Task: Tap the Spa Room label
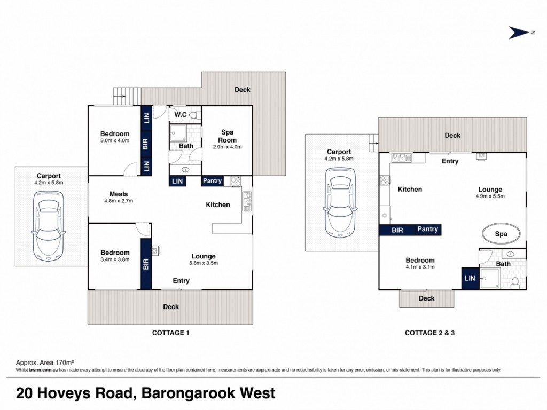[227, 136]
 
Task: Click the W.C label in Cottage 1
[181, 115]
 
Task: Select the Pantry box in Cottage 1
[213, 180]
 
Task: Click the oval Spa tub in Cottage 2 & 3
[501, 234]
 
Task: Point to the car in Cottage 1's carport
[49, 226]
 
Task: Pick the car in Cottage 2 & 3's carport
[340, 202]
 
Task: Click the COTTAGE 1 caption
[170, 333]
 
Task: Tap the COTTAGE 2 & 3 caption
[429, 333]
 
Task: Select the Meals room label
[119, 194]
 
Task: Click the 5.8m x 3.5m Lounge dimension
[204, 263]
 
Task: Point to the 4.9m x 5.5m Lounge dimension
[490, 196]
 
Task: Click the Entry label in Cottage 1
[181, 281]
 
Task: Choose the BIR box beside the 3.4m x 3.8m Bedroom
[146, 264]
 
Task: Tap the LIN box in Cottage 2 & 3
[470, 278]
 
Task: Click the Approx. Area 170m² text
[45, 363]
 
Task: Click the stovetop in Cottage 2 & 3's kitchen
[385, 180]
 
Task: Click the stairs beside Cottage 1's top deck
[127, 96]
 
